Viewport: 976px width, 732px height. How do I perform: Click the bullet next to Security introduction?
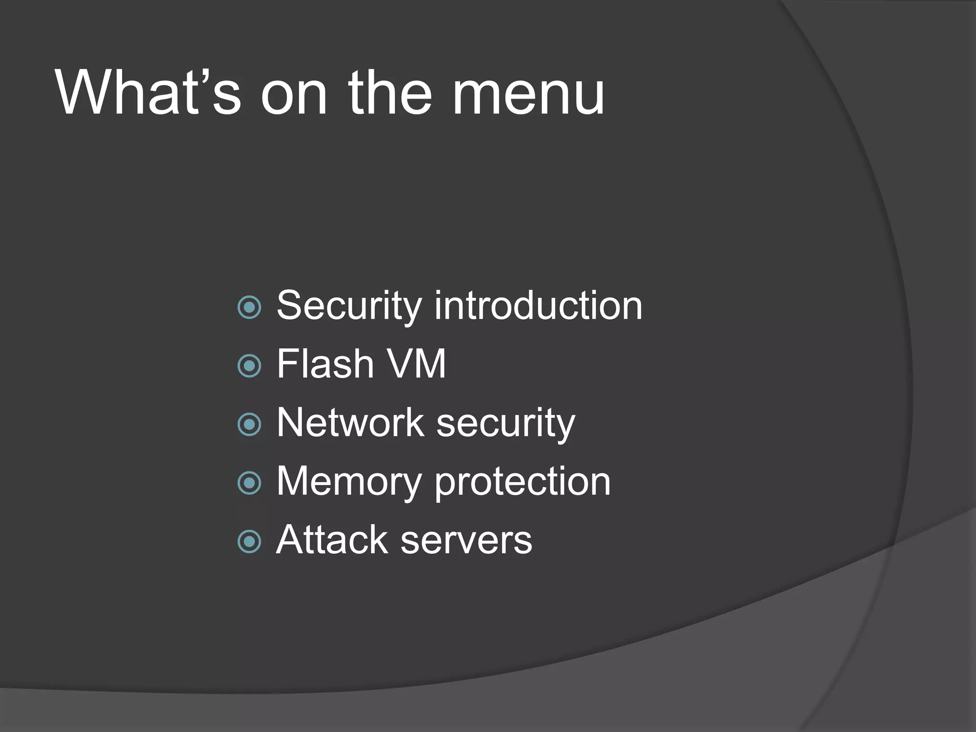[x=249, y=307]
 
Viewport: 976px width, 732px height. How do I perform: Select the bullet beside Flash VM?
[x=249, y=366]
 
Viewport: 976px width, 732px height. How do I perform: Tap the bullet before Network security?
[x=249, y=425]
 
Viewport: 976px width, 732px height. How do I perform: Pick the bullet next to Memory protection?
[x=249, y=483]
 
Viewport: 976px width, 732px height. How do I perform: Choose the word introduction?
[x=538, y=306]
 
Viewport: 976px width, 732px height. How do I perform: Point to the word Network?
[x=350, y=423]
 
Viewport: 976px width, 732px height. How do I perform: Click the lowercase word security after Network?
[x=506, y=424]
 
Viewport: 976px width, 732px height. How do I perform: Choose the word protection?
[x=522, y=482]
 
